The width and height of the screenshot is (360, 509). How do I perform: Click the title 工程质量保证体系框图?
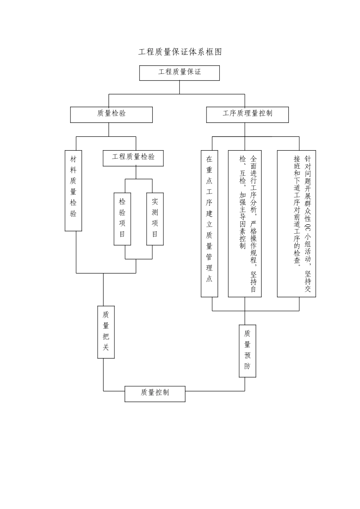(180, 52)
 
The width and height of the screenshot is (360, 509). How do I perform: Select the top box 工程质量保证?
(179, 73)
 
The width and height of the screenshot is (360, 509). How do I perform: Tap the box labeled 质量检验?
(111, 114)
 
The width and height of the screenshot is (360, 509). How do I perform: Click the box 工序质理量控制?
(247, 114)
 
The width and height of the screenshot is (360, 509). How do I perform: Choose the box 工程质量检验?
(133, 158)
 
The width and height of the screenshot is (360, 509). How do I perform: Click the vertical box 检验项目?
(122, 219)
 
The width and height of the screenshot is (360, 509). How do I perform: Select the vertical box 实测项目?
(155, 219)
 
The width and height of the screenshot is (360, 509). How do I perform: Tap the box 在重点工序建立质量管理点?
(209, 223)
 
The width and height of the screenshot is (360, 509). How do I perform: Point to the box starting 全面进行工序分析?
(245, 223)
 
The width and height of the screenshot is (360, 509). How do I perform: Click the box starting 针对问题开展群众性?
(296, 223)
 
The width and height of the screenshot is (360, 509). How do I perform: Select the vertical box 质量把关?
(106, 332)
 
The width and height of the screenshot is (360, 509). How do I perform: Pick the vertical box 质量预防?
(247, 351)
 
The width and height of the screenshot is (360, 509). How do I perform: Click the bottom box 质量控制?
(155, 394)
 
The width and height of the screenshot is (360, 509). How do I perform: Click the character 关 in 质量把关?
(106, 347)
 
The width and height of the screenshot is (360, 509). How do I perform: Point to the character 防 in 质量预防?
(247, 366)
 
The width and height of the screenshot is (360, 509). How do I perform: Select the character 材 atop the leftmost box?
(74, 159)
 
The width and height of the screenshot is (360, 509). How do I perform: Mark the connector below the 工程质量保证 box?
(180, 87)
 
